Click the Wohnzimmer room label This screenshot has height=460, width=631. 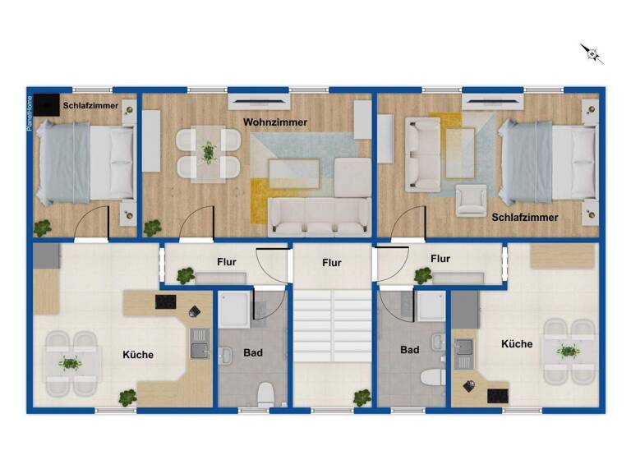click(x=275, y=122)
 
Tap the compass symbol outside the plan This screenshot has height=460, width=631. click(x=592, y=54)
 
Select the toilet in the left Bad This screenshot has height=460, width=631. click(x=264, y=393)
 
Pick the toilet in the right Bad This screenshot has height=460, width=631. click(x=430, y=379)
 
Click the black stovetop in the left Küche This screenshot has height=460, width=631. click(x=167, y=301)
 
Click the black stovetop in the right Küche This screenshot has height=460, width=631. click(x=498, y=395)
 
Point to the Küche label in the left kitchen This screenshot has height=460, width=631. click(x=138, y=355)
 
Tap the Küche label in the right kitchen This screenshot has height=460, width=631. click(x=517, y=344)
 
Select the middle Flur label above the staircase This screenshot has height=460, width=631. click(x=331, y=263)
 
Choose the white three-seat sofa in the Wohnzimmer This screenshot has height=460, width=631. click(x=319, y=216)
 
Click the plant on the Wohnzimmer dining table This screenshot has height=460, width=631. click(x=209, y=151)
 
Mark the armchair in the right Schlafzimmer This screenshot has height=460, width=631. click(x=471, y=200)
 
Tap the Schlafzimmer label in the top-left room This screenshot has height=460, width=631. click(x=90, y=105)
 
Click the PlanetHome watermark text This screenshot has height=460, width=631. click(x=30, y=115)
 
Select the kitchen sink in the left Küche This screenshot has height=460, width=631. click(x=200, y=351)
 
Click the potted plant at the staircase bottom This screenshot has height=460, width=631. click(x=362, y=398)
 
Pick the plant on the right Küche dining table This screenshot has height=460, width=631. click(x=567, y=352)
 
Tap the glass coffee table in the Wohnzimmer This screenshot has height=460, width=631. click(x=293, y=173)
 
